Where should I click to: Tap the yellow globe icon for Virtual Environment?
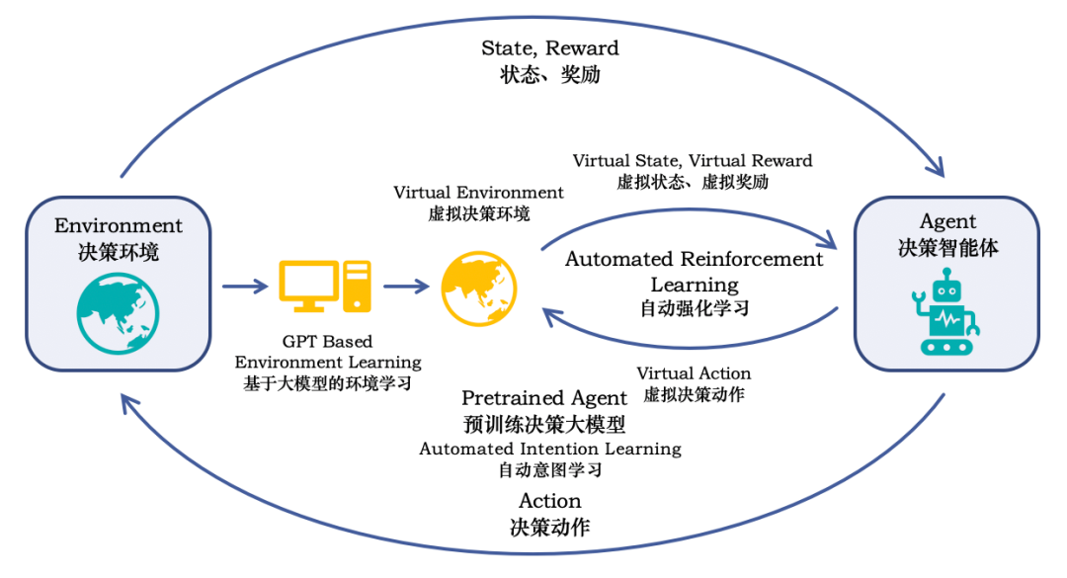[x=478, y=287]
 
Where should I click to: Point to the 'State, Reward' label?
[x=549, y=47]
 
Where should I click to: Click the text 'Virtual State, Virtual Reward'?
[x=693, y=160]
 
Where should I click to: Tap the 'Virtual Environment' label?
[x=478, y=192]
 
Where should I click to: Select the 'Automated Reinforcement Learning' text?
[x=694, y=271]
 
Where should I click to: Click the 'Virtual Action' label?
[x=694, y=373]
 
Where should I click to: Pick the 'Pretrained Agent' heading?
[x=544, y=398]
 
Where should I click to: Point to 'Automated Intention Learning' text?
[x=550, y=449]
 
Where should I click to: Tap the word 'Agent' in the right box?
[x=947, y=221]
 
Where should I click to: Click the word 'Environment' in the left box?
[x=118, y=226]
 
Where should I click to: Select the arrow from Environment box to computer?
[x=244, y=287]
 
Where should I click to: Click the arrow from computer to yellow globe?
[x=406, y=287]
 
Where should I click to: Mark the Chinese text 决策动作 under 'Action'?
[x=549, y=527]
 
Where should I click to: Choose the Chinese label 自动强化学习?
[x=694, y=308]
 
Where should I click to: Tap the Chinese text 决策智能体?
[x=947, y=247]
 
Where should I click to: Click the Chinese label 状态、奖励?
[x=549, y=74]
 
